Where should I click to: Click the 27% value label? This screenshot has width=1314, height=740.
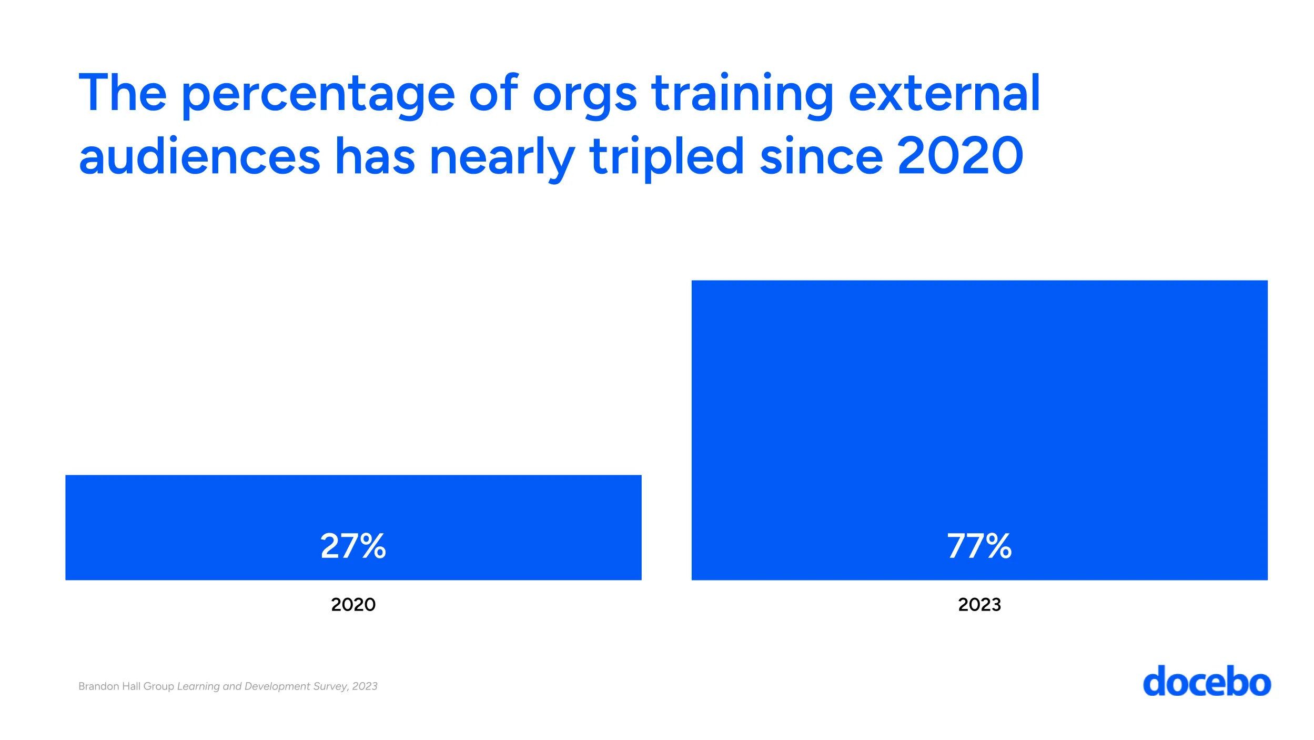click(x=353, y=546)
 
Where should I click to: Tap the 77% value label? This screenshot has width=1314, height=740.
click(x=979, y=546)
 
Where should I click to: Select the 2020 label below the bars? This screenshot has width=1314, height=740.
click(x=353, y=604)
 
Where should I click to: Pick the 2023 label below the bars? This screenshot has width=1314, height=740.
click(x=979, y=604)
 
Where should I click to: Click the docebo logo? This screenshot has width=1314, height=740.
click(x=1207, y=682)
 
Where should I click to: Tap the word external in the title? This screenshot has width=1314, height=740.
click(x=944, y=93)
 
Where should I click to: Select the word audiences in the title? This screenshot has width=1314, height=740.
click(x=199, y=156)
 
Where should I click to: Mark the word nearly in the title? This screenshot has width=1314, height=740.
click(x=502, y=157)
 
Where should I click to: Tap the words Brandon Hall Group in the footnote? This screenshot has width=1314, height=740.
click(x=126, y=686)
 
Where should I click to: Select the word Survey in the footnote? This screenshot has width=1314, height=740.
click(x=330, y=686)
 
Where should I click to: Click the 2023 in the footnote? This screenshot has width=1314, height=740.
click(x=365, y=686)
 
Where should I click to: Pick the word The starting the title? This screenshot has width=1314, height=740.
click(x=123, y=93)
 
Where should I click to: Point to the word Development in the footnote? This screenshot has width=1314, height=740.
click(x=277, y=686)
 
